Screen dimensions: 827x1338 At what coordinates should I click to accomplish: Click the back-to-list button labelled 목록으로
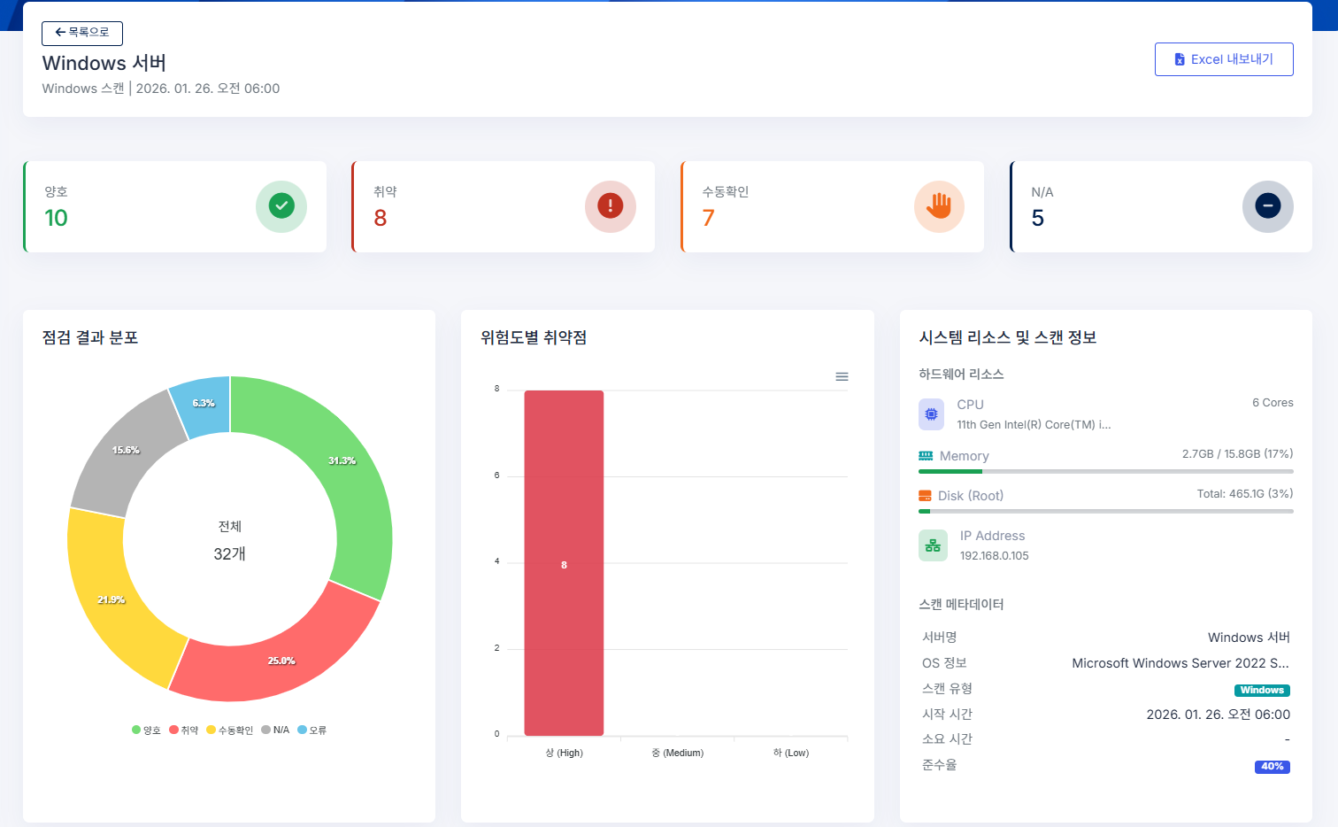click(82, 33)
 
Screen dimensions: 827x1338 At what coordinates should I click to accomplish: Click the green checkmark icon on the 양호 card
click(281, 206)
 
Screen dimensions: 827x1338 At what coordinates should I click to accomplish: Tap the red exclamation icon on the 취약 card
click(610, 206)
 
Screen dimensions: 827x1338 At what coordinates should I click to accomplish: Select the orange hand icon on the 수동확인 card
click(939, 206)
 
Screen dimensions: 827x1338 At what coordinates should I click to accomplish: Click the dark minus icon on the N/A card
click(1267, 206)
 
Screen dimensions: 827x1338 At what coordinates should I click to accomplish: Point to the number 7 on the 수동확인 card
click(708, 218)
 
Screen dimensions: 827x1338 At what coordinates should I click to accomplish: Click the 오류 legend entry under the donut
click(312, 730)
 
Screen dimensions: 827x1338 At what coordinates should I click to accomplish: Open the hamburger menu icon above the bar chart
click(842, 377)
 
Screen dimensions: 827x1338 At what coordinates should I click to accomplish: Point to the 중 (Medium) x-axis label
click(677, 753)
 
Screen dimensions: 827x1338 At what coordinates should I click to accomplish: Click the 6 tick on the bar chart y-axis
click(497, 475)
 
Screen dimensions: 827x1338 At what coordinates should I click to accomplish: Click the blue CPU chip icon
click(931, 413)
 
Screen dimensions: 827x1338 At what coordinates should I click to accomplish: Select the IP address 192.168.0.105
click(994, 556)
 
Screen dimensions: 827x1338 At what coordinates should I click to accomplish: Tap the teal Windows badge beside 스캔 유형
click(1261, 691)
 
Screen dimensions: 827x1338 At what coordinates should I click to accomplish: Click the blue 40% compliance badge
click(1272, 767)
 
